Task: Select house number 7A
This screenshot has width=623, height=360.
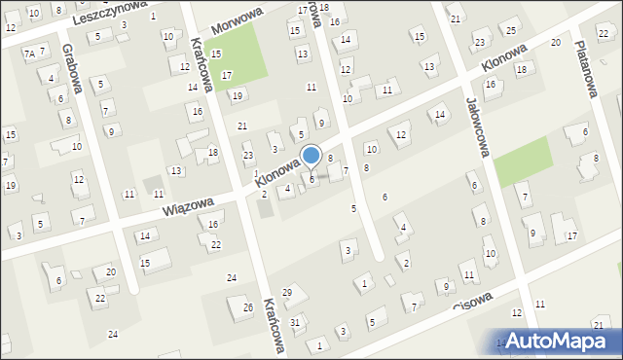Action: (x=29, y=54)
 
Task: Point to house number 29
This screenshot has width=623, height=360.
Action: (x=287, y=293)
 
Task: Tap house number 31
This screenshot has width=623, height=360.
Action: (x=295, y=321)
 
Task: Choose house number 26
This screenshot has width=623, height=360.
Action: (x=247, y=308)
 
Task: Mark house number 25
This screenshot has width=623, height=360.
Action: (x=511, y=30)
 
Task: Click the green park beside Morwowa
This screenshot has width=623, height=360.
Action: (x=238, y=54)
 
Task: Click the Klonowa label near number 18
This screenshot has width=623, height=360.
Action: (x=503, y=59)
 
